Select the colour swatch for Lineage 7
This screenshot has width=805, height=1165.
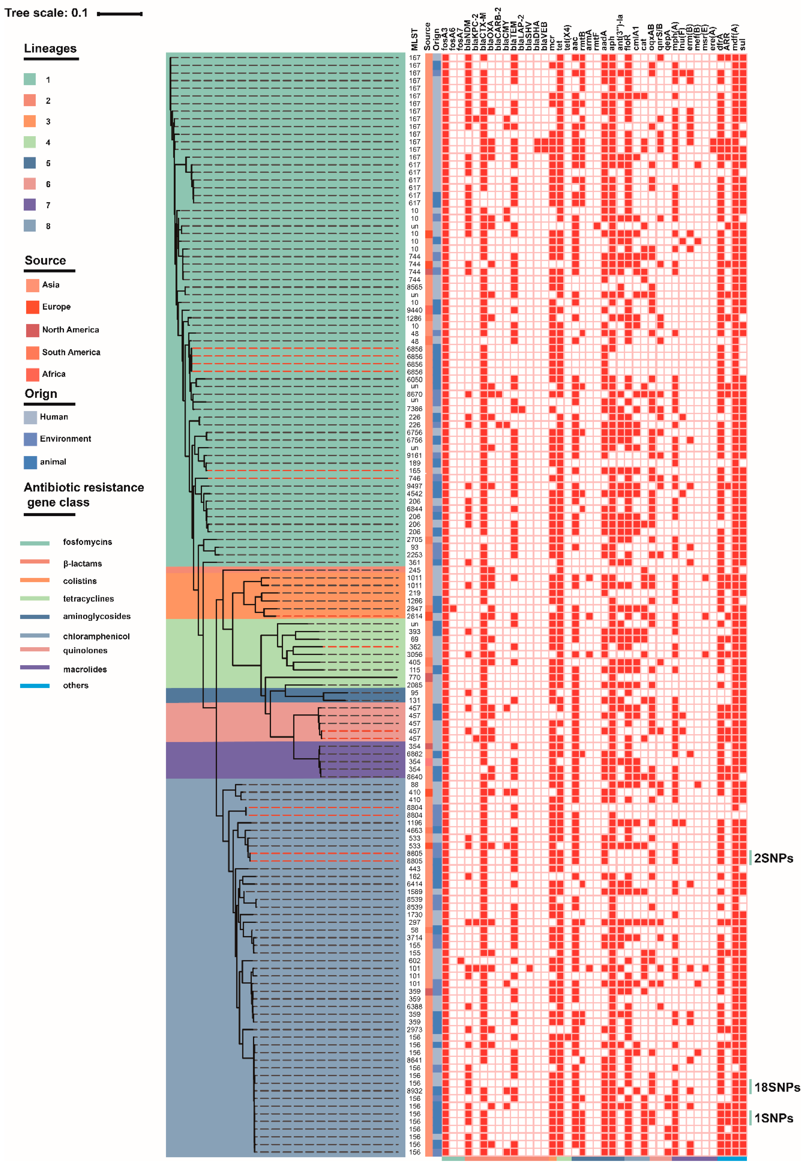coord(30,205)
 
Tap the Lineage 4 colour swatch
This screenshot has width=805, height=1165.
coord(30,142)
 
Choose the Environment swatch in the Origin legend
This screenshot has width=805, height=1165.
coord(30,439)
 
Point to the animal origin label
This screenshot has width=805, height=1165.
coord(53,462)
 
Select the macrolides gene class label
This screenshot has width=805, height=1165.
coord(85,670)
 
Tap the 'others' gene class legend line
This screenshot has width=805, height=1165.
coord(35,686)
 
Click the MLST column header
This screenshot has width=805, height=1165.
coord(415,39)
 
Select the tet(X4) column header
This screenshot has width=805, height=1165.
coord(567,37)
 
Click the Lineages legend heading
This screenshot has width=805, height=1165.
coord(51,48)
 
